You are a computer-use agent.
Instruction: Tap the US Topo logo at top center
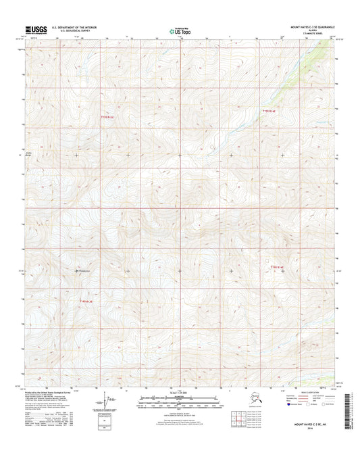179,30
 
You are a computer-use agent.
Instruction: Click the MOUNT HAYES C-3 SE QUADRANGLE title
309,28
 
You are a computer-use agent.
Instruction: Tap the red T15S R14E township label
270,109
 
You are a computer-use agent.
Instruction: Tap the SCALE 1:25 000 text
179,393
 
